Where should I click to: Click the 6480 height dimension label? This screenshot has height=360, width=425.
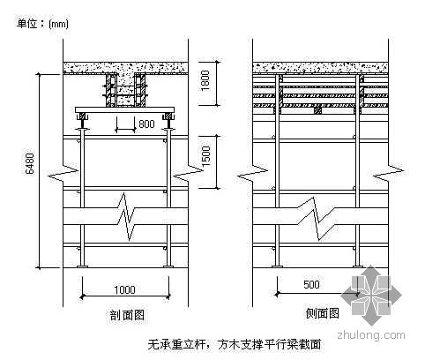pyautogui.click(x=30, y=164)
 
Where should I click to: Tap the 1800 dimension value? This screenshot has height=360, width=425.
pyautogui.click(x=205, y=80)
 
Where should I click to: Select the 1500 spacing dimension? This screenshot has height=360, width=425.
pyautogui.click(x=205, y=156)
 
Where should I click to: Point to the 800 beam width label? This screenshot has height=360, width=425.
pyautogui.click(x=146, y=124)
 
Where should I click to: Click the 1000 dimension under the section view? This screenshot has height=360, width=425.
pyautogui.click(x=124, y=289)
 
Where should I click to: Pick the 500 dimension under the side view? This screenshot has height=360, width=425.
pyautogui.click(x=311, y=284)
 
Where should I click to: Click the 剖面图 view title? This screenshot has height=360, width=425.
pyautogui.click(x=127, y=315)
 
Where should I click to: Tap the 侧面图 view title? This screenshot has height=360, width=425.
pyautogui.click(x=322, y=313)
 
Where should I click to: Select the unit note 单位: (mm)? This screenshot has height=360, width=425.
pyautogui.click(x=42, y=24)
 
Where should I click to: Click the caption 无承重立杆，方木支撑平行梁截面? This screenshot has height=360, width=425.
pyautogui.click(x=235, y=345)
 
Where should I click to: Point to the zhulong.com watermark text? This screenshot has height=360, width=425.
pyautogui.click(x=371, y=335)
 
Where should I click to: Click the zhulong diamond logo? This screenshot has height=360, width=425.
pyautogui.click(x=371, y=295)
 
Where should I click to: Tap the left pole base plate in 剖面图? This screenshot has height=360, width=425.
pyautogui.click(x=82, y=266)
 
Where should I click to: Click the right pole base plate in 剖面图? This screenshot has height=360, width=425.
pyautogui.click(x=168, y=266)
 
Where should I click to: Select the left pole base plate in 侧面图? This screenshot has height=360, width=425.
pyautogui.click(x=277, y=266)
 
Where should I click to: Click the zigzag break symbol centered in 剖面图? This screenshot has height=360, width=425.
pyautogui.click(x=127, y=217)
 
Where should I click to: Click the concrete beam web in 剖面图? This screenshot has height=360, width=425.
pyautogui.click(x=126, y=90)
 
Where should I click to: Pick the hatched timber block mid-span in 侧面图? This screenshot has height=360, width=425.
pyautogui.click(x=317, y=110)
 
